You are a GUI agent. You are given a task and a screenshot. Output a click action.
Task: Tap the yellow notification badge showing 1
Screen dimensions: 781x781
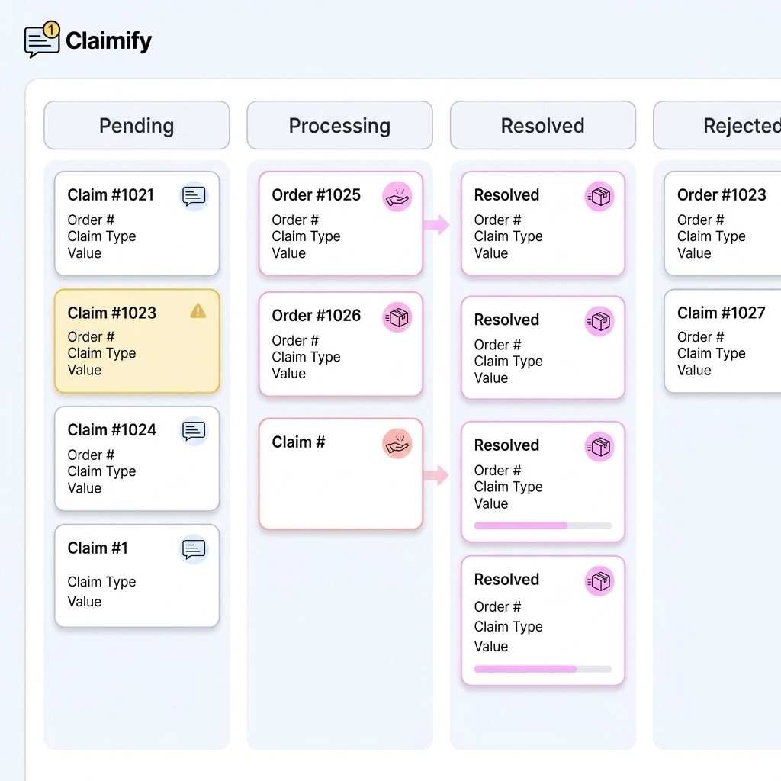(51, 30)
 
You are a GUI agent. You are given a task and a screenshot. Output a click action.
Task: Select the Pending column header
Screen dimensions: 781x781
(137, 126)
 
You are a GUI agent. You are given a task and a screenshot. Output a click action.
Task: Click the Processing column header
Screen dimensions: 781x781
(339, 126)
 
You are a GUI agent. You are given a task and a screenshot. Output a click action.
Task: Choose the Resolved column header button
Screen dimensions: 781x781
(542, 126)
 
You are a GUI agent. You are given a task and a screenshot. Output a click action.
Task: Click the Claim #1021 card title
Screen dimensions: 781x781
(111, 195)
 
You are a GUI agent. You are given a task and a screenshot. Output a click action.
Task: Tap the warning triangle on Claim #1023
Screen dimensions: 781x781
(198, 310)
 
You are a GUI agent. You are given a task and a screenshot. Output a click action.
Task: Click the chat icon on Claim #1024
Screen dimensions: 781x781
(194, 431)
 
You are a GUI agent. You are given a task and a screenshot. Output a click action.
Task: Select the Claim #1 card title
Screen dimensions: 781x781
(98, 548)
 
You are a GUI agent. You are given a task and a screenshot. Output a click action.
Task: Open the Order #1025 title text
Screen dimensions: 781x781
(316, 195)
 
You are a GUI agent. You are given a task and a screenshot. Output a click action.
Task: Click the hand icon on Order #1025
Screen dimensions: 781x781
(397, 197)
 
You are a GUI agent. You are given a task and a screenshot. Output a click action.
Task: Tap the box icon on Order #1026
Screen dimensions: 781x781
(397, 317)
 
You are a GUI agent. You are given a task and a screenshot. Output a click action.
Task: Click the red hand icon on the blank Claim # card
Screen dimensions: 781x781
(397, 444)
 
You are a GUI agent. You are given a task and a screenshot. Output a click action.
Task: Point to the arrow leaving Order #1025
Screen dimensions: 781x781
(436, 224)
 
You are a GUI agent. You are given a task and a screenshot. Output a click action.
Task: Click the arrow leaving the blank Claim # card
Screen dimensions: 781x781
(436, 475)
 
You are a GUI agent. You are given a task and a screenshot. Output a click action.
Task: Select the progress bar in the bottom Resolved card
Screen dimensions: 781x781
(542, 669)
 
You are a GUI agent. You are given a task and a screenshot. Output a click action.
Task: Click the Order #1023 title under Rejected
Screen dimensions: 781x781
(722, 195)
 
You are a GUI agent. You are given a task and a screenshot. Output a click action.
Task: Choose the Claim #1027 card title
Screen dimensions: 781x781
(721, 313)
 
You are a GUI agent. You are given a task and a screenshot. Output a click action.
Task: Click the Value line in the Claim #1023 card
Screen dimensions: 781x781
(84, 371)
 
